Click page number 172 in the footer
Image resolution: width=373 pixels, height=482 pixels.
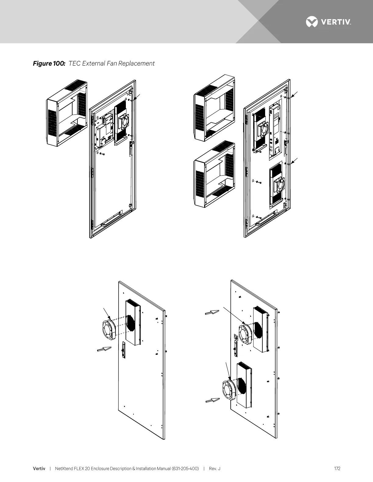click(337, 469)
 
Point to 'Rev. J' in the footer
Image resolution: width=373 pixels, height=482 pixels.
click(215, 469)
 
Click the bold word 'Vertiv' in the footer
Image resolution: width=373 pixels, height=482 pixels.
click(39, 469)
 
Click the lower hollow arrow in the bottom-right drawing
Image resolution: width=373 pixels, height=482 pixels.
click(212, 400)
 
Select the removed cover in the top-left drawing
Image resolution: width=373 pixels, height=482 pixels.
click(67, 114)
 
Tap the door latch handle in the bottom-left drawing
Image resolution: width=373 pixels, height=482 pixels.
click(123, 351)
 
